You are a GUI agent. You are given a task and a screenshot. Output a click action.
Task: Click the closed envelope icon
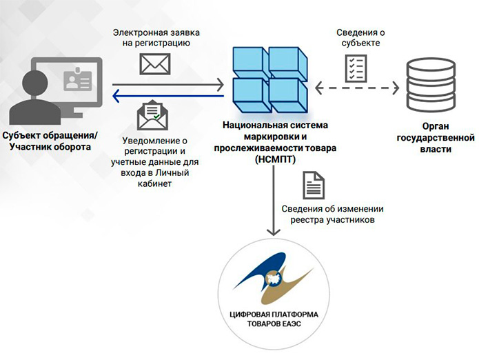[x=155, y=64]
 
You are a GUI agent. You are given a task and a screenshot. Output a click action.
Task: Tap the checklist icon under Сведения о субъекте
[x=356, y=68]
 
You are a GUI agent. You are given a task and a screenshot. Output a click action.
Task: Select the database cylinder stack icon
[x=431, y=86]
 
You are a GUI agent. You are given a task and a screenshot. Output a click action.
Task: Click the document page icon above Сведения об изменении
[x=314, y=186]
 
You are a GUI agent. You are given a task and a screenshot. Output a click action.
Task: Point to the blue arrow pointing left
[x=168, y=97]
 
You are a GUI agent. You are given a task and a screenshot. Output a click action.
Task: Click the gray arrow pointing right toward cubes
[x=168, y=84]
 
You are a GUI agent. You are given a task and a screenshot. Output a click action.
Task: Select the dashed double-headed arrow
[x=357, y=88]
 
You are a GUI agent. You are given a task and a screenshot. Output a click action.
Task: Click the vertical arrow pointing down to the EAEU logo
[x=274, y=201]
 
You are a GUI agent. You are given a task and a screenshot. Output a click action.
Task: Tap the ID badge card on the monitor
[x=78, y=80]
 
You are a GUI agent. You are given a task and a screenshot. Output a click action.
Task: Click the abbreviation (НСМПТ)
[x=275, y=159]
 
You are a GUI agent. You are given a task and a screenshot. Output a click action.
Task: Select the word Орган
[x=436, y=126]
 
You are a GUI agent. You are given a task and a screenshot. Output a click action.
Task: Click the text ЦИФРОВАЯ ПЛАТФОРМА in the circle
[x=274, y=314]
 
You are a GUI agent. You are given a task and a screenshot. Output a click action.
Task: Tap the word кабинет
[x=154, y=183]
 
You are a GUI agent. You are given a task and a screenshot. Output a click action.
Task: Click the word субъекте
[x=360, y=43]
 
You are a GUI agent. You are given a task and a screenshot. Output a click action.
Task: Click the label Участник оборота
[x=50, y=147]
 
